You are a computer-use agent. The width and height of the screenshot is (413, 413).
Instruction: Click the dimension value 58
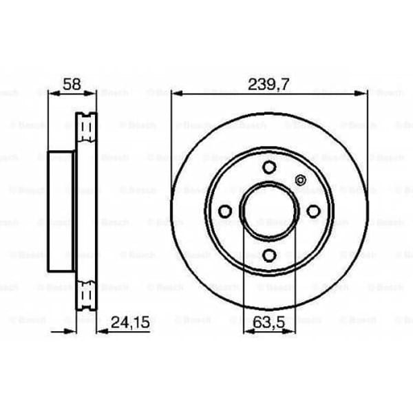(x=72, y=84)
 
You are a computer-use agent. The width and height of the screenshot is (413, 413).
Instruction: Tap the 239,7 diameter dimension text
(x=268, y=84)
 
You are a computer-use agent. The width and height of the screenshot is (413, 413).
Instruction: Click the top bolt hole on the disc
(x=269, y=167)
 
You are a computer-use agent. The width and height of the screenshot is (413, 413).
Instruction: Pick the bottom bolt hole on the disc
(x=269, y=255)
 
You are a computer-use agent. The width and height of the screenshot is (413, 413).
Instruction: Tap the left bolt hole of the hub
(x=224, y=211)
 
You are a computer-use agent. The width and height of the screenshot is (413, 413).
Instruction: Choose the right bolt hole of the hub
(x=314, y=211)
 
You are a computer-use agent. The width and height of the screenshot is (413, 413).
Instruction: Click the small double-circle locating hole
(x=299, y=180)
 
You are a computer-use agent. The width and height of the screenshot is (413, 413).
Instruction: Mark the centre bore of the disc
(x=269, y=211)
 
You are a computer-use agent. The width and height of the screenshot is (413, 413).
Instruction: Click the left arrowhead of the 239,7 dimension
(x=176, y=93)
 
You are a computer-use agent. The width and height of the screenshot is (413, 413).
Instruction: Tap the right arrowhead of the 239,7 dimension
(x=363, y=93)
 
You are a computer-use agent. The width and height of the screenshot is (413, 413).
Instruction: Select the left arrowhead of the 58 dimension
(x=52, y=93)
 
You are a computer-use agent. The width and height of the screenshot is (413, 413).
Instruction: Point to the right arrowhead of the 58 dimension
(x=92, y=93)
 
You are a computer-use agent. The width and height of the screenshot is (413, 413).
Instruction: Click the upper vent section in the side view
(x=86, y=127)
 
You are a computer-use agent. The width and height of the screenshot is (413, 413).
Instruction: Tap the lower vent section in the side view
(x=86, y=295)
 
